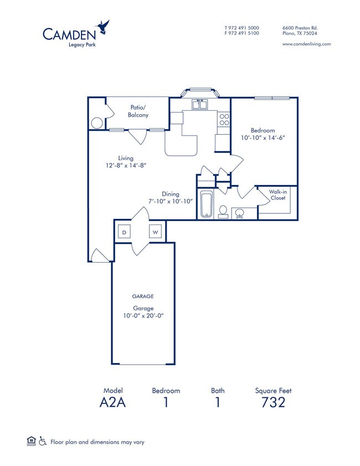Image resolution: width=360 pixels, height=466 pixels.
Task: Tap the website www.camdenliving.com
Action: click(306, 44)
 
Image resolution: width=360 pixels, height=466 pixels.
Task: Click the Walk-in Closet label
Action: click(277, 194)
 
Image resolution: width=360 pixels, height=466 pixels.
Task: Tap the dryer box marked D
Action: click(124, 232)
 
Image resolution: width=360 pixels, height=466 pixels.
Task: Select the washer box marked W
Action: click(156, 232)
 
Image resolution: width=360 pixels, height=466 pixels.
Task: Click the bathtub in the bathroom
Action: click(207, 204)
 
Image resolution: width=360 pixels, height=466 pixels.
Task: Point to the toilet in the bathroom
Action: click(223, 211)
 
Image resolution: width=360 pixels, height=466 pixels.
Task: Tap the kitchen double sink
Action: click(199, 104)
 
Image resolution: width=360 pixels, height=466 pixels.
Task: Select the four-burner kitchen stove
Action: click(224, 120)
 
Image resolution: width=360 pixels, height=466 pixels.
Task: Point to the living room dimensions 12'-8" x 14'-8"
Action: click(126, 165)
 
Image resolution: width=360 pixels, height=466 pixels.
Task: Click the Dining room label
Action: click(171, 194)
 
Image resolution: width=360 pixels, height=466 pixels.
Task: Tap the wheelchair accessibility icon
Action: click(43, 442)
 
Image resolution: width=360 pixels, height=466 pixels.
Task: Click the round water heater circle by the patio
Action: click(96, 122)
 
